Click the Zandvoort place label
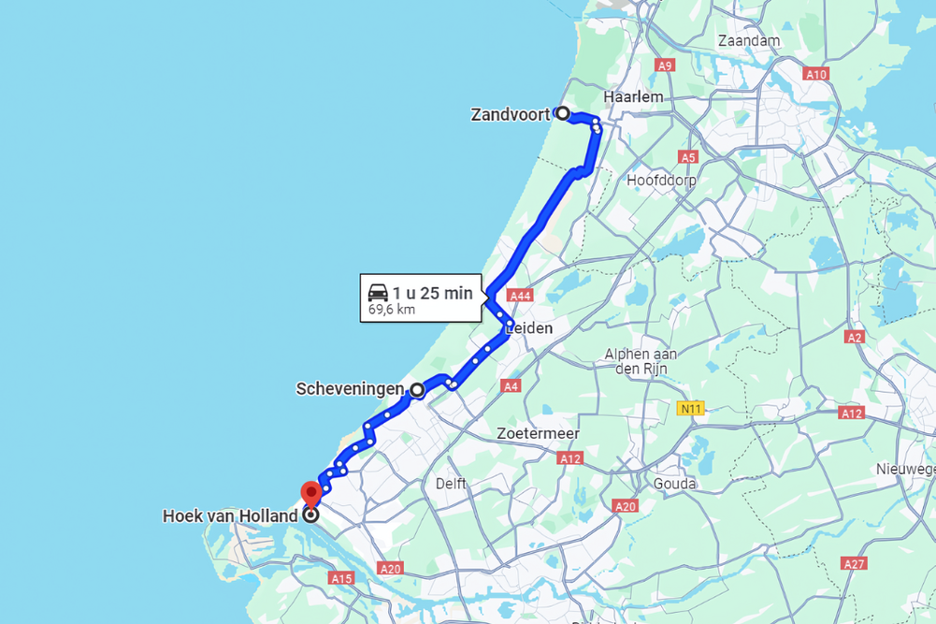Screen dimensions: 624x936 (x=510, y=115)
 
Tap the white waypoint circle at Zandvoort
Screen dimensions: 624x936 (x=563, y=113)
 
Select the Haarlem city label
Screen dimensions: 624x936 (x=633, y=97)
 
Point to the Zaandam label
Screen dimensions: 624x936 (x=749, y=41)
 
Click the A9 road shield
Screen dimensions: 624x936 (x=665, y=65)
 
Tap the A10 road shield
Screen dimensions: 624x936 (x=815, y=74)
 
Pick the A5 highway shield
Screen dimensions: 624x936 (x=689, y=157)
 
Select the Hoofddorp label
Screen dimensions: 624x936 (x=662, y=180)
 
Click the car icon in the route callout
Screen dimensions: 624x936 (x=378, y=293)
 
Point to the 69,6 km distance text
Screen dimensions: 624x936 (x=392, y=310)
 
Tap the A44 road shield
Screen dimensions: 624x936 (x=520, y=296)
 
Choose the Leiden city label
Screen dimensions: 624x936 (x=529, y=328)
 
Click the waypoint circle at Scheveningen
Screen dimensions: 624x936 (x=416, y=389)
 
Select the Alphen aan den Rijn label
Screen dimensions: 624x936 (x=640, y=361)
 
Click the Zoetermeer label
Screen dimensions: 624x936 (x=539, y=434)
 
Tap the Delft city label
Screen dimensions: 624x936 (x=451, y=484)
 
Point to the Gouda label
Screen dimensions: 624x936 (x=675, y=484)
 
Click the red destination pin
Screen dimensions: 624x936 (x=310, y=492)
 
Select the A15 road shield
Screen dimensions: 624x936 (x=341, y=579)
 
